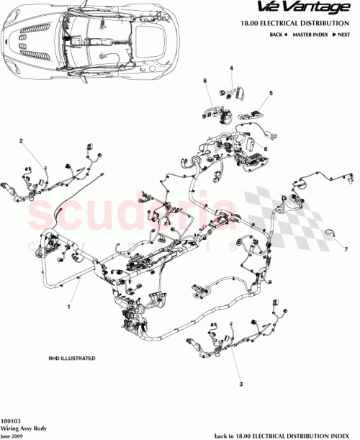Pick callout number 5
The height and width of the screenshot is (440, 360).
[x=271, y=93]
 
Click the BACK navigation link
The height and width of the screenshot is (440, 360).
[x=278, y=35]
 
